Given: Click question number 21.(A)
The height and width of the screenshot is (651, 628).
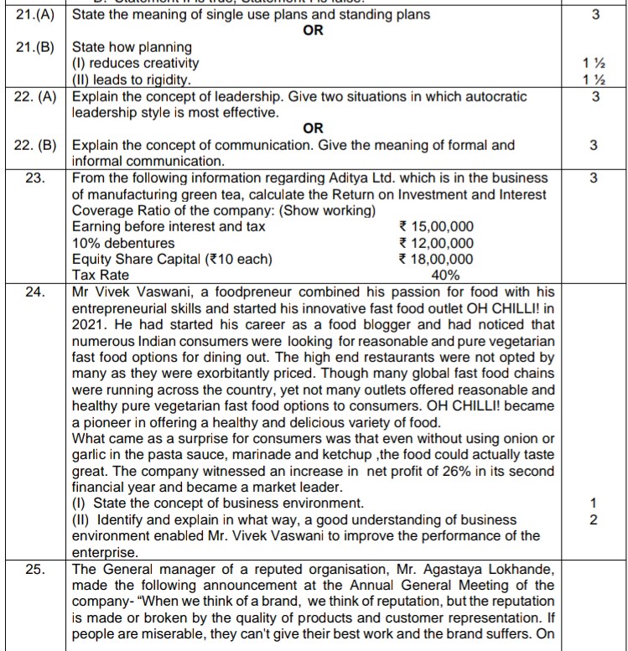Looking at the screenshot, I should (x=34, y=14).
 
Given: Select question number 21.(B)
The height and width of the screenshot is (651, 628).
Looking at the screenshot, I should (x=34, y=47).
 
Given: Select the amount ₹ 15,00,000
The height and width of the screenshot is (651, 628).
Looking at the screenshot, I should (x=436, y=226).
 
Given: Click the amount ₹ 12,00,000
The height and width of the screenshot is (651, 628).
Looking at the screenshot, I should (x=436, y=243).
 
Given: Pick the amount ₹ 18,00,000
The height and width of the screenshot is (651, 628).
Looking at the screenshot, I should (x=436, y=259).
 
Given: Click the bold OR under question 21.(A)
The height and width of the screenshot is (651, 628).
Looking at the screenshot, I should (x=313, y=31).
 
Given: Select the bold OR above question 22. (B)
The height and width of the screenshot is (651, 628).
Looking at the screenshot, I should (x=313, y=128).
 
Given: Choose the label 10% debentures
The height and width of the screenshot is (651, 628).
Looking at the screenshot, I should (x=123, y=243).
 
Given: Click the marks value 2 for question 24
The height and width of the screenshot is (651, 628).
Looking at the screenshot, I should (x=594, y=519).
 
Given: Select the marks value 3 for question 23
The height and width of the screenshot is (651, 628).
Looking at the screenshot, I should (x=594, y=178).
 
